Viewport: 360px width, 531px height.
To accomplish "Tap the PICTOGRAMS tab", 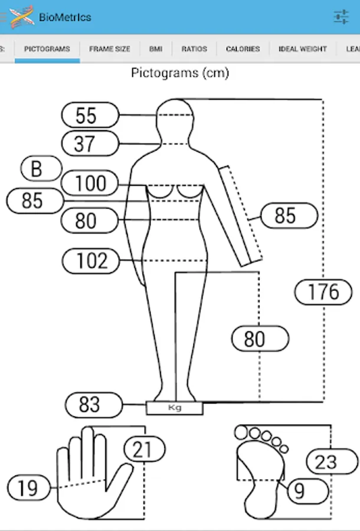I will (x=47, y=49).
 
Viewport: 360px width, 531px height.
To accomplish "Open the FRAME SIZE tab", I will (x=110, y=49).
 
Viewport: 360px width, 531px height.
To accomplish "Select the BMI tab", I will (x=156, y=49).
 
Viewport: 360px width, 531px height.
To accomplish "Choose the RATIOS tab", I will (x=194, y=49).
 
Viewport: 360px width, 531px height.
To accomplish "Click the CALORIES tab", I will (x=243, y=49).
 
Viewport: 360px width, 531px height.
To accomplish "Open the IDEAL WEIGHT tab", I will (x=303, y=49).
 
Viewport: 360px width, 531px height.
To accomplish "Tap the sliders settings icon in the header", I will (x=341, y=17).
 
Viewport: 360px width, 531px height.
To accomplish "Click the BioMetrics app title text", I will (x=65, y=17).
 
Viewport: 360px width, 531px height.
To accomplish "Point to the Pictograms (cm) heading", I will (x=180, y=74).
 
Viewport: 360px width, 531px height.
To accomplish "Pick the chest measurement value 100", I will (x=90, y=183).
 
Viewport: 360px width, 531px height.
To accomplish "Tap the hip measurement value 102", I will (x=91, y=260).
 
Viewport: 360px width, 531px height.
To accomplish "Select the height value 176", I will (x=323, y=291).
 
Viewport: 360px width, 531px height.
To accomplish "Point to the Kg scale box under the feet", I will (x=175, y=408).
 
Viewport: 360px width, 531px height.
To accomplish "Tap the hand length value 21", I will (x=142, y=450).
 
